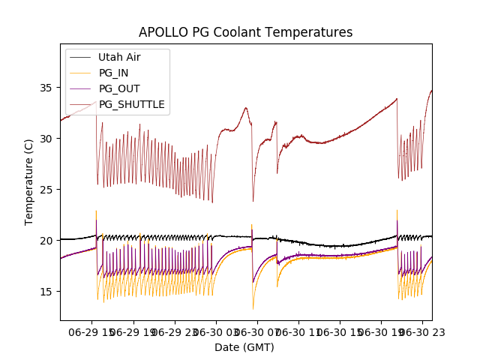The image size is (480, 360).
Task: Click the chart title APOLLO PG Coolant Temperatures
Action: coord(245,33)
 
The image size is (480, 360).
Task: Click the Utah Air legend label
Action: coord(119,57)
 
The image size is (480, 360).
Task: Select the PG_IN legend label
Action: coord(114,73)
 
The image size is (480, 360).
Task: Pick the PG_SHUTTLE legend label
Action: coord(132,104)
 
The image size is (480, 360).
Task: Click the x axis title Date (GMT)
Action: coord(244,347)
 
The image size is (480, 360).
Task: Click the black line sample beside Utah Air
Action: coord(81,57)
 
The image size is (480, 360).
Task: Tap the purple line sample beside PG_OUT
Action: coord(81,88)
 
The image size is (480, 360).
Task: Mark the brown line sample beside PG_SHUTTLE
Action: coord(81,104)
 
